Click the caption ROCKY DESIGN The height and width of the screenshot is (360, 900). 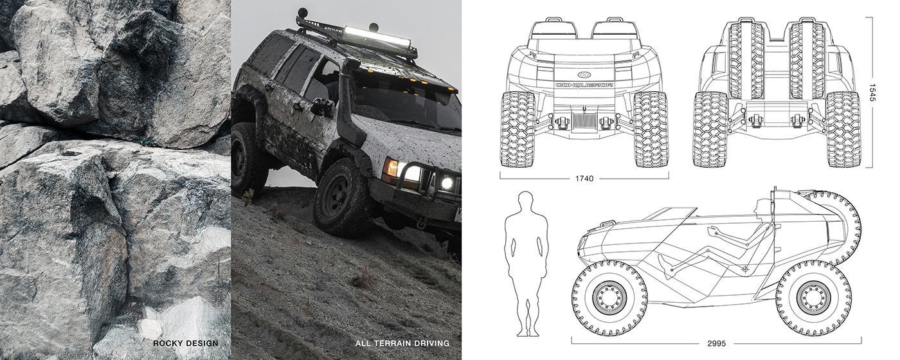(x=186, y=343)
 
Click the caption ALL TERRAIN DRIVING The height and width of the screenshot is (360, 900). (x=402, y=343)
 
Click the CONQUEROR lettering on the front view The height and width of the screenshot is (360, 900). (x=584, y=84)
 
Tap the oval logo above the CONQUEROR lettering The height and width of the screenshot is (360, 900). (x=584, y=73)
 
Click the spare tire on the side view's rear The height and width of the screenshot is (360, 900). (x=836, y=228)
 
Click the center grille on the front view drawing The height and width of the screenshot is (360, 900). (x=584, y=122)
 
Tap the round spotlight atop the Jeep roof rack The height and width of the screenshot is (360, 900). (x=302, y=13)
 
